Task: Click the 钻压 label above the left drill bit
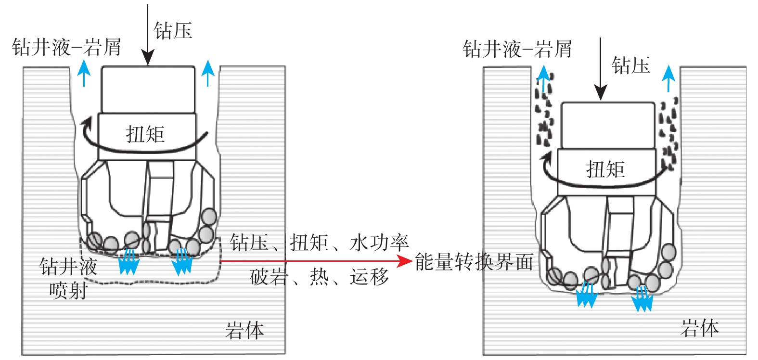point(173,31)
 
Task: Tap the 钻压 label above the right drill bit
point(630,65)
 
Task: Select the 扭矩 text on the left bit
point(145,134)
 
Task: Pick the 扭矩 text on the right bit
point(605,169)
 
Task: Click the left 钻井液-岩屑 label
point(66,47)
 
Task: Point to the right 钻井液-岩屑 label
point(517,49)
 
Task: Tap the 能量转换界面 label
point(474,262)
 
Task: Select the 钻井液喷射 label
point(68,278)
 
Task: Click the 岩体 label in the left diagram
point(244,331)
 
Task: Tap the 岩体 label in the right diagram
point(699,328)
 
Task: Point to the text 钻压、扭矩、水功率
point(319,243)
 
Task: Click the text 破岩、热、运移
point(319,277)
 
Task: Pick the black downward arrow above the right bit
point(600,70)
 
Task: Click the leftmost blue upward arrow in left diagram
point(84,73)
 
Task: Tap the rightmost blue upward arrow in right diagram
point(668,78)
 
